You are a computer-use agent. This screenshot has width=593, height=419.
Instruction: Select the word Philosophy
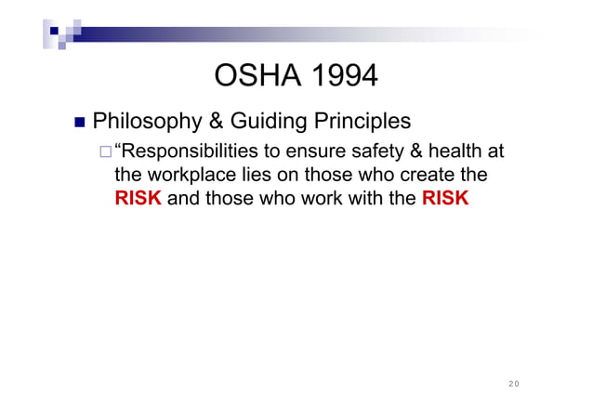[153, 122]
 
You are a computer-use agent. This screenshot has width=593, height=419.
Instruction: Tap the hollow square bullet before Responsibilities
[105, 152]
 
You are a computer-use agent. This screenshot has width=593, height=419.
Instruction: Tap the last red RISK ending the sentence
[444, 197]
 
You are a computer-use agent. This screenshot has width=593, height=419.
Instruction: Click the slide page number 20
[514, 383]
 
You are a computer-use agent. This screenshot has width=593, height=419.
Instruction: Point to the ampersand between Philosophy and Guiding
[227, 122]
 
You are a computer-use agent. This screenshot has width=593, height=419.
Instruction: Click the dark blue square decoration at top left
[55, 31]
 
